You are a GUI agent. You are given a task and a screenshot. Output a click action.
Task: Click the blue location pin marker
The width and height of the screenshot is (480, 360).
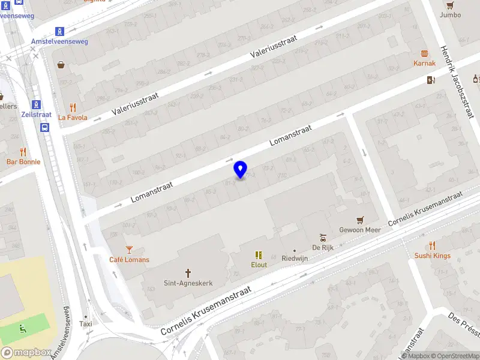click(x=241, y=170)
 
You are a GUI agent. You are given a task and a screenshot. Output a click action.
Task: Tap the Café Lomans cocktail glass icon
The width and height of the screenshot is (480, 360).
click(x=129, y=249)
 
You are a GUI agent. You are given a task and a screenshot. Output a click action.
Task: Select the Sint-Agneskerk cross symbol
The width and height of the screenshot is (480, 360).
click(x=188, y=272)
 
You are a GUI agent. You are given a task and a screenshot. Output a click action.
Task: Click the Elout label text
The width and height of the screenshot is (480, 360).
click(x=259, y=264)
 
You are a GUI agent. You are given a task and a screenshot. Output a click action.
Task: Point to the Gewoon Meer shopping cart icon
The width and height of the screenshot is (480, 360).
click(x=360, y=220)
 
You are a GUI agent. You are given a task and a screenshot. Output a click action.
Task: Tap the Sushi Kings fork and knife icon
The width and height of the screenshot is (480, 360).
click(x=432, y=245)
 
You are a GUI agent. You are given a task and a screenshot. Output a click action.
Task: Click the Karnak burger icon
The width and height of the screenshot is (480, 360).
click(x=425, y=53)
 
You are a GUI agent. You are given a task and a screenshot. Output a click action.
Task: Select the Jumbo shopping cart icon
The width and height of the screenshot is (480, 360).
click(x=450, y=5)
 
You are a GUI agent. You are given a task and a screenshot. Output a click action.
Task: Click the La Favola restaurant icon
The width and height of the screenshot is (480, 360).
click(x=73, y=107)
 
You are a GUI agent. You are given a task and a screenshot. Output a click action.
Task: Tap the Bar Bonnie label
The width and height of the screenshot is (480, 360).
click(x=23, y=162)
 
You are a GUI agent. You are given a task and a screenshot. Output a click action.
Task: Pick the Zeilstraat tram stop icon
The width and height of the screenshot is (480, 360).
click(x=36, y=104)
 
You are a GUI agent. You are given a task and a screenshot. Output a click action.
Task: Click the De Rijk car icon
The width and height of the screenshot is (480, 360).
click(x=322, y=237)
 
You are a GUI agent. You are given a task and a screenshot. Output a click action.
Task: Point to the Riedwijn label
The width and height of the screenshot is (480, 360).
click(x=294, y=259)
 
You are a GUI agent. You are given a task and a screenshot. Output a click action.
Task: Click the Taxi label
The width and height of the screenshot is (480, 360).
click(x=86, y=324)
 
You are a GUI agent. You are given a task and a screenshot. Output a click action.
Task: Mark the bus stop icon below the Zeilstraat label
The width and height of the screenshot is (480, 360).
click(x=45, y=127)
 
